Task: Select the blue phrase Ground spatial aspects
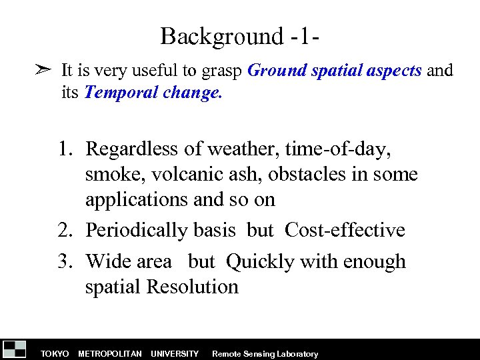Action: pos(334,71)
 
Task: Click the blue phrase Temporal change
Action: pos(153,93)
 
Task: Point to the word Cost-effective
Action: pos(345,231)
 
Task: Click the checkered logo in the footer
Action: pos(15,349)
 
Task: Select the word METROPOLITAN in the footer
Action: pos(109,354)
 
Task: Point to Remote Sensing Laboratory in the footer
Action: pos(265,354)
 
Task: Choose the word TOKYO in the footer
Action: pos(55,354)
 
